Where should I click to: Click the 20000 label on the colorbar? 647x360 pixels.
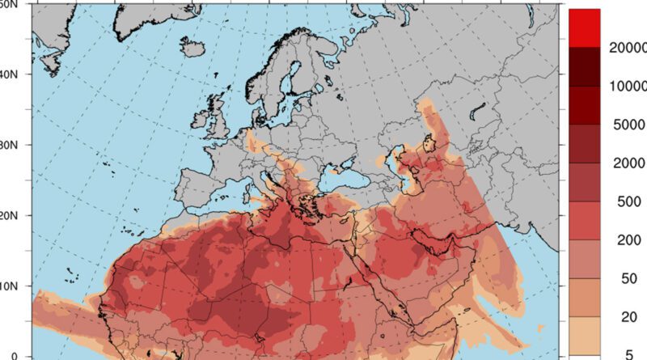(x=628, y=48)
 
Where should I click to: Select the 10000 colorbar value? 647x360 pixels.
(x=628, y=87)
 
